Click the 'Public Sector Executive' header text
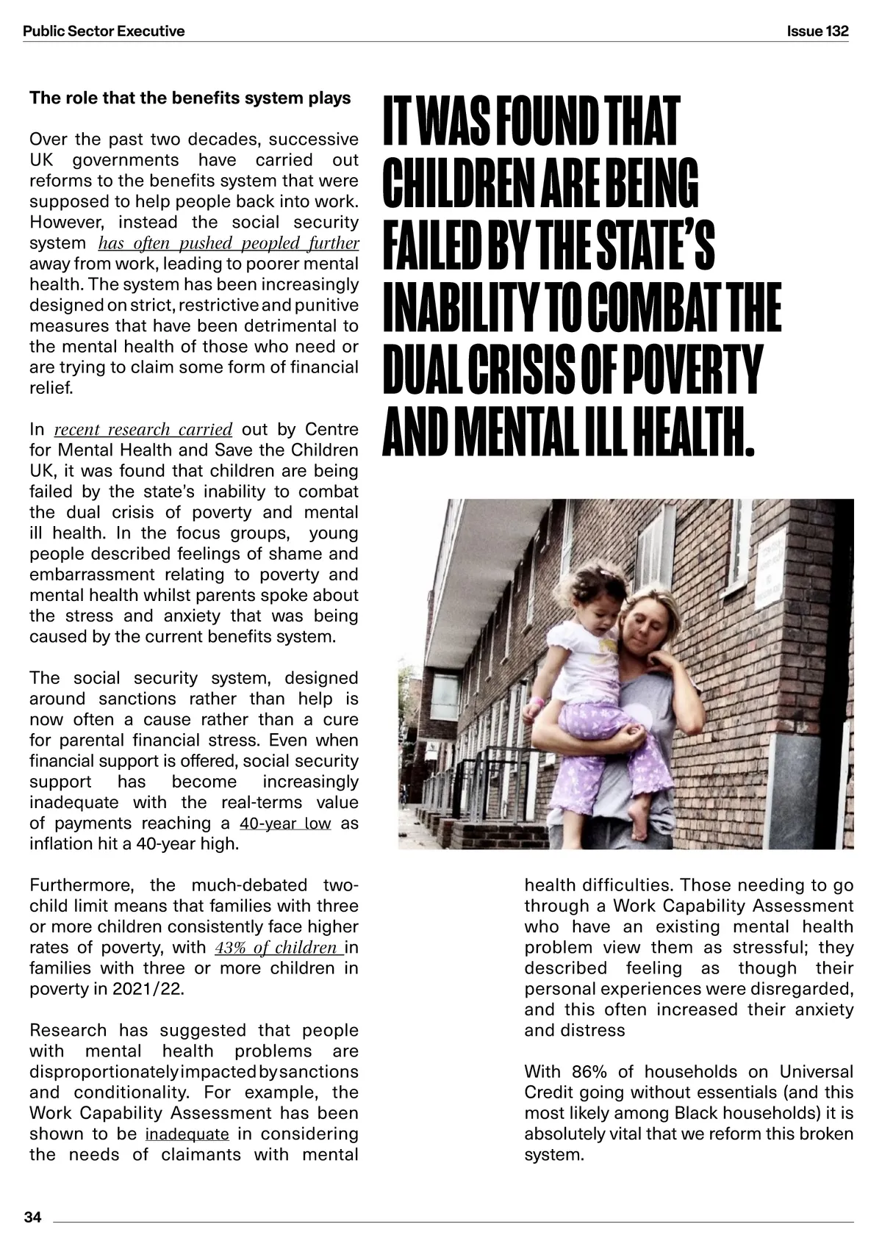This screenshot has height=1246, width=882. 104,31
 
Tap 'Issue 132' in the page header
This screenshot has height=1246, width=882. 817,31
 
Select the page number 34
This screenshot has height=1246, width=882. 33,1217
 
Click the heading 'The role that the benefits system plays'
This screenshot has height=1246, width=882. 190,98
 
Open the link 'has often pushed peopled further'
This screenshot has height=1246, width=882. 228,243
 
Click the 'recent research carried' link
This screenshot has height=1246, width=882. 143,429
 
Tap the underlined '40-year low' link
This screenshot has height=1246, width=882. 285,823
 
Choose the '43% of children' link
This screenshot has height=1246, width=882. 273,948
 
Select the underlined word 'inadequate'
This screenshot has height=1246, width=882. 187,1134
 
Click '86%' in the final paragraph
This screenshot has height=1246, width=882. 587,1072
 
